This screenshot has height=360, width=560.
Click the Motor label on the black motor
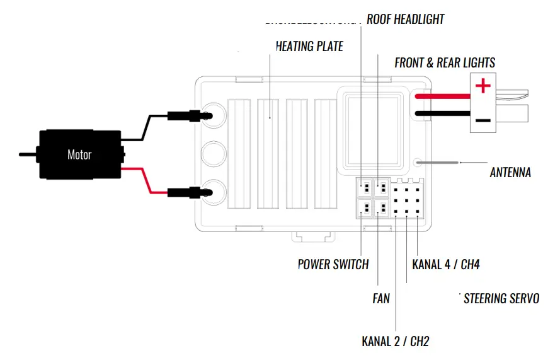79,154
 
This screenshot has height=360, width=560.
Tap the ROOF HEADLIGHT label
405,20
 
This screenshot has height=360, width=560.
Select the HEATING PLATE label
309,47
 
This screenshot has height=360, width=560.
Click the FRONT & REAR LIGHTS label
445,62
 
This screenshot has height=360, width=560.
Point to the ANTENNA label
510,172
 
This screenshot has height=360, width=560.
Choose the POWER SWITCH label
333,264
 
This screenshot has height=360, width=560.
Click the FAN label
381,298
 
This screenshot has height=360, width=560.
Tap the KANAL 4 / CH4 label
446,264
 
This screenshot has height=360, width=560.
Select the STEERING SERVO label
501,298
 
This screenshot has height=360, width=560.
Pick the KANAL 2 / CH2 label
395,342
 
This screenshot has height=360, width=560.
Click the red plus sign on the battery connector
483,86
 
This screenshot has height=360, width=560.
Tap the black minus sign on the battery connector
483,120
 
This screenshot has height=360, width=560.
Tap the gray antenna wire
441,163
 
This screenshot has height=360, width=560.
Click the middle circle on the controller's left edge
214,153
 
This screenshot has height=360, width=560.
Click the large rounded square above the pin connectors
374,131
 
